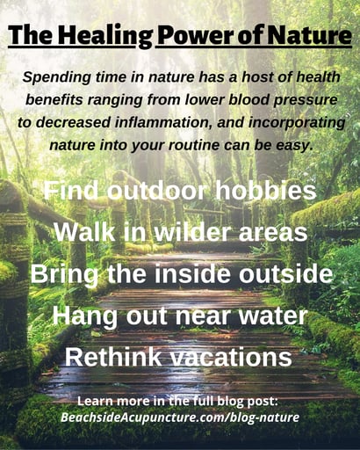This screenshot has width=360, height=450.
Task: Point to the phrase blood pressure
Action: pos(284,99)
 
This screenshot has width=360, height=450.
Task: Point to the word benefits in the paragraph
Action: pos(64,99)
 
